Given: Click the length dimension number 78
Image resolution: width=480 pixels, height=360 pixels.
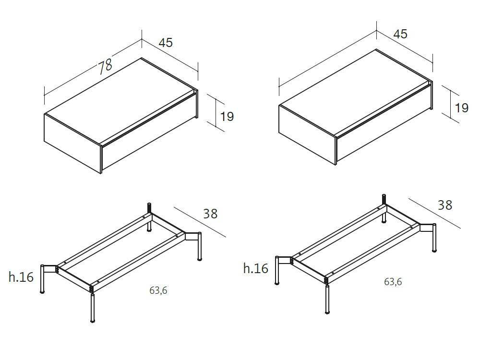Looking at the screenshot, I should coord(105,66).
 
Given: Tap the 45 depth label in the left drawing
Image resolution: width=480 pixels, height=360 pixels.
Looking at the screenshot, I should coord(166,43).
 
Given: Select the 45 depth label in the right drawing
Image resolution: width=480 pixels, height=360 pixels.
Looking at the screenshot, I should coord(400,34).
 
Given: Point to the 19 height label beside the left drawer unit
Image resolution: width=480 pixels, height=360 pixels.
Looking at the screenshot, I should coord(227,116).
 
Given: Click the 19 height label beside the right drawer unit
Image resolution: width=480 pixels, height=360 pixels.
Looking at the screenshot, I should coord(462,108).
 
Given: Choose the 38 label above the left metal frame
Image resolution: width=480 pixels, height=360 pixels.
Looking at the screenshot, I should coord(210,214).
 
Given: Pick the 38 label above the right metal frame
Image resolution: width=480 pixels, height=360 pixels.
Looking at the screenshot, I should coord(445,205).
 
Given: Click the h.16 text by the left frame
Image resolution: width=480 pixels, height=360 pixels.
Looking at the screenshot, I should coord(21,276).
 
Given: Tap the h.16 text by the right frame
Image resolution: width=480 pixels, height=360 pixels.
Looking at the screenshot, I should coord(256,268).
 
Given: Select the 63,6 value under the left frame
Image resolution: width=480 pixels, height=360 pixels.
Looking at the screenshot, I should coord(158,290).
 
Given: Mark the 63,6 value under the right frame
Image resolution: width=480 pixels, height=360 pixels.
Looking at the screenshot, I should coord(393,282).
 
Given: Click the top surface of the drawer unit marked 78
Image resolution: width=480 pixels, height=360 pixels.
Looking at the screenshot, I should coord(120,101).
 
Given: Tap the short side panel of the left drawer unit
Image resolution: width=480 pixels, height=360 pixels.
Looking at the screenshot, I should coord(72,142).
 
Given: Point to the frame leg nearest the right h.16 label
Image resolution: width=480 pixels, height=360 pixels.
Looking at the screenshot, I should coord(278,271).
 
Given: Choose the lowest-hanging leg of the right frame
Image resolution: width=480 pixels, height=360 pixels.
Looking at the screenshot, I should coord(327,300).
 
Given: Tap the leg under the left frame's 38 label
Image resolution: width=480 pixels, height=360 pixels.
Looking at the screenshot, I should coord(200,247).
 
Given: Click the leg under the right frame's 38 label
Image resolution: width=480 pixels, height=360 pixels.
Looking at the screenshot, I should coord(434,239).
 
